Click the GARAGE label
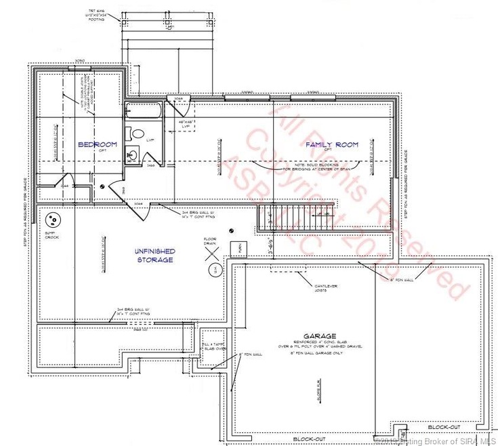coord(320,336)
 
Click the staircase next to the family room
coord(295,218)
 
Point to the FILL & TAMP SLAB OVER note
coord(213,346)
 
